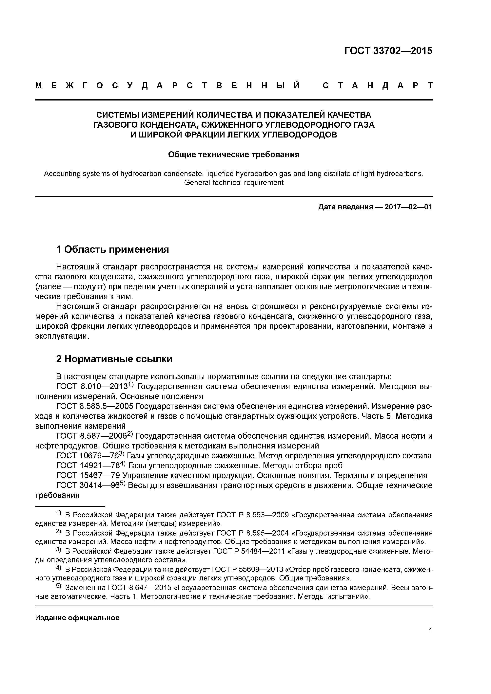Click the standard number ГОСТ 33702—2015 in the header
tap(388, 51)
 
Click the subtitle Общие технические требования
tap(234, 155)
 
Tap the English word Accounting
tap(63, 174)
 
